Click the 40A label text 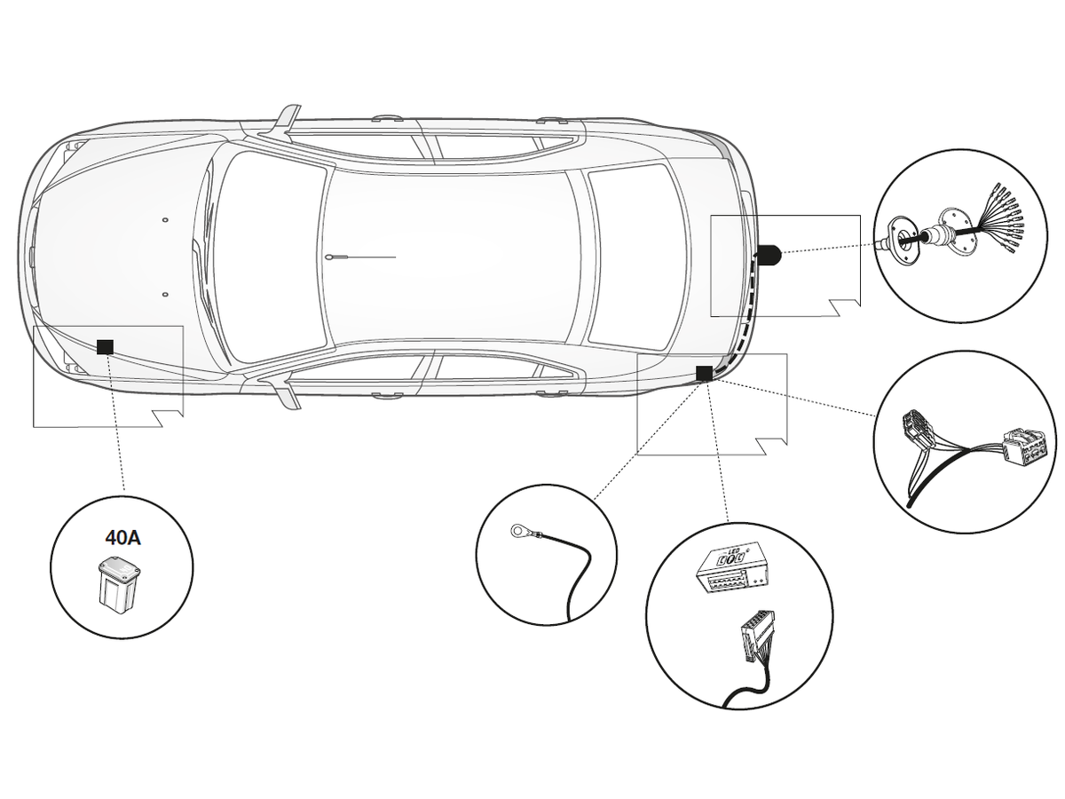click(122, 537)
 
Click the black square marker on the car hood click(106, 346)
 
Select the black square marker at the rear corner click(704, 374)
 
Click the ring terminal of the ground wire click(518, 532)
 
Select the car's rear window click(632, 256)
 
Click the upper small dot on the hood click(166, 218)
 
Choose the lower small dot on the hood click(166, 294)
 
